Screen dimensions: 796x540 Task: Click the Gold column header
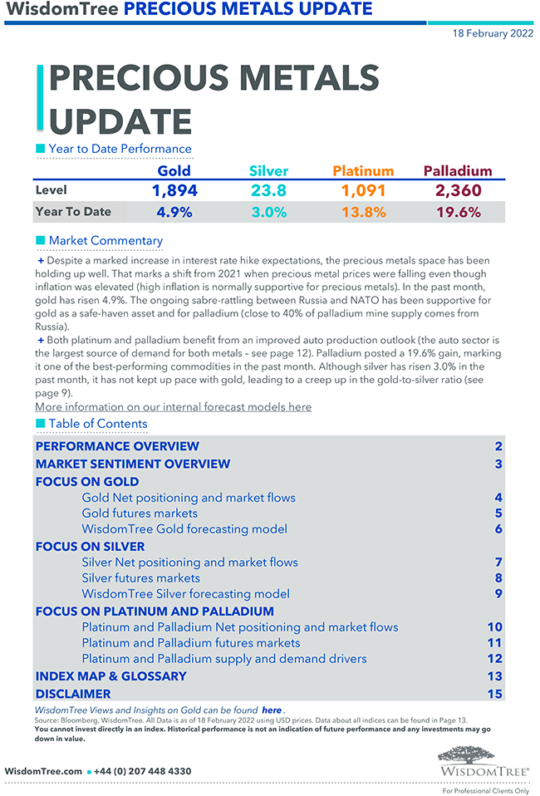pyautogui.click(x=174, y=171)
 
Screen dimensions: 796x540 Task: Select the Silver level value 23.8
pyautogui.click(x=268, y=190)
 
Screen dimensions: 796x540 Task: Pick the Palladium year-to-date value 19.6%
pyautogui.click(x=458, y=212)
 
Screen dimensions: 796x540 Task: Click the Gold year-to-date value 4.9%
pyautogui.click(x=174, y=212)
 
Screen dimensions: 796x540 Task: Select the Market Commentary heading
pyautogui.click(x=106, y=241)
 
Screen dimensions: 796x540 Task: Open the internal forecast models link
pyautogui.click(x=173, y=407)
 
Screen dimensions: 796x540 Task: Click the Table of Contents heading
pyautogui.click(x=97, y=424)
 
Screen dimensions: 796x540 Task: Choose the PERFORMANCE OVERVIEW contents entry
pyautogui.click(x=117, y=446)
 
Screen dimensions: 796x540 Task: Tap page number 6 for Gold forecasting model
pyautogui.click(x=498, y=529)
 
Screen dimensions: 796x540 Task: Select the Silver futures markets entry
pyautogui.click(x=140, y=577)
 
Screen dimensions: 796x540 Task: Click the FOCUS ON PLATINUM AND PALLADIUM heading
pyautogui.click(x=155, y=611)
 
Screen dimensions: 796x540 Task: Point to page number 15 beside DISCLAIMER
pyautogui.click(x=495, y=694)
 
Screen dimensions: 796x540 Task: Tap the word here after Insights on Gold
pyautogui.click(x=272, y=710)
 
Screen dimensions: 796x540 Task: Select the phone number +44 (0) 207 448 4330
pyautogui.click(x=143, y=771)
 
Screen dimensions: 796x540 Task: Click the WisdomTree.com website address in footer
pyautogui.click(x=43, y=771)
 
